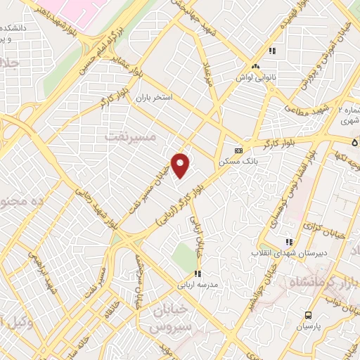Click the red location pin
point(181,165)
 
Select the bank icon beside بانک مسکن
point(238,150)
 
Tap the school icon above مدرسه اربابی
point(198,274)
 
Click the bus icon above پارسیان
point(308,315)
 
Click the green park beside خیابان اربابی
point(186,255)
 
